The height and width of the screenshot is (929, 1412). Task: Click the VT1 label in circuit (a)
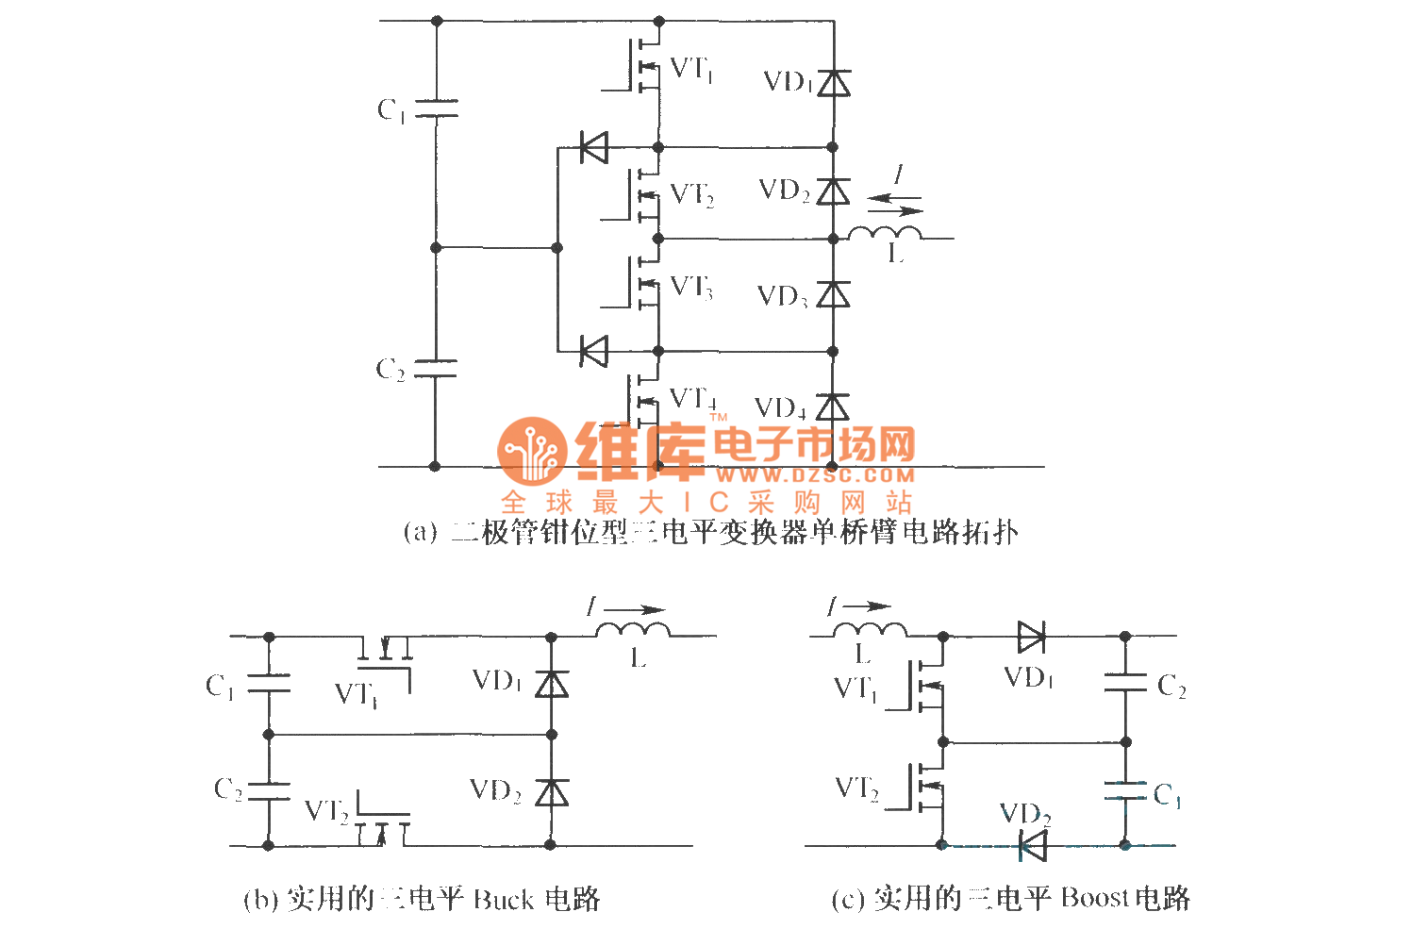click(691, 70)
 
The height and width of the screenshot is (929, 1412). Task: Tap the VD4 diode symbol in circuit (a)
click(832, 407)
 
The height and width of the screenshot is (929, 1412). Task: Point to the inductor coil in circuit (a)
click(885, 233)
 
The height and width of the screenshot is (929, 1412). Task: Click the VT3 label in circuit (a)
click(691, 287)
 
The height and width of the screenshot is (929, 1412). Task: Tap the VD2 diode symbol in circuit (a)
click(833, 191)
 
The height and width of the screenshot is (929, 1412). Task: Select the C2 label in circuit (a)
click(390, 369)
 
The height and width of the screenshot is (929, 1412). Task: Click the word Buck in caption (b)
click(503, 899)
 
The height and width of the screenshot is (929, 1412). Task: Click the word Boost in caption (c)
click(1093, 897)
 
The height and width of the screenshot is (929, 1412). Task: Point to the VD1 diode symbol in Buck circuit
click(552, 684)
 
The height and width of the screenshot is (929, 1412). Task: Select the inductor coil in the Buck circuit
click(633, 629)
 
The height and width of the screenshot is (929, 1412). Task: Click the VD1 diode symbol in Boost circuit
click(1031, 638)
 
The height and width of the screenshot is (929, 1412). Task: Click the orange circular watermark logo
click(531, 450)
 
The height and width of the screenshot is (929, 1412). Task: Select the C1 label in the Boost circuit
click(1167, 796)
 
